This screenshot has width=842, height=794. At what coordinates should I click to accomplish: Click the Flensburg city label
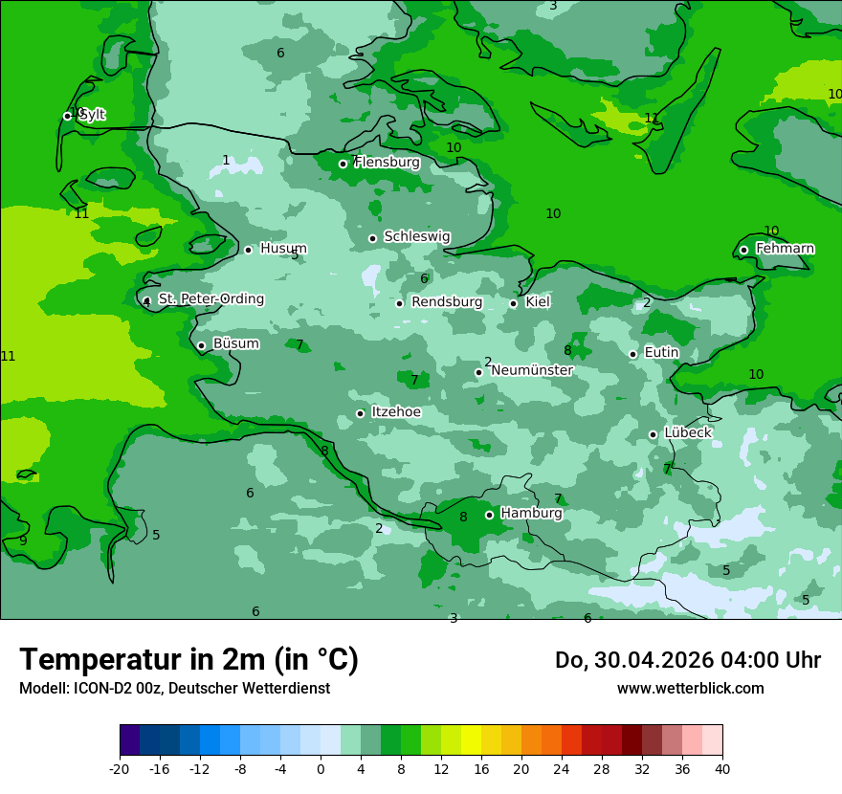387,163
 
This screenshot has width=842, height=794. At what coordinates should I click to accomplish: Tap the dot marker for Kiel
514,303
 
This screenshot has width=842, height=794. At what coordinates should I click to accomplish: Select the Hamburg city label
531,514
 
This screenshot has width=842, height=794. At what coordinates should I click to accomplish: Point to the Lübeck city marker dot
654,434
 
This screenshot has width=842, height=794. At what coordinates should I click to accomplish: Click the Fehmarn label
785,249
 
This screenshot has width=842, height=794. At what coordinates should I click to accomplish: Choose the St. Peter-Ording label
210,299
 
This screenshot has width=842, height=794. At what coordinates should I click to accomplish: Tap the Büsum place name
235,343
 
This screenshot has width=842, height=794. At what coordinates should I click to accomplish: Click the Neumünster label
532,370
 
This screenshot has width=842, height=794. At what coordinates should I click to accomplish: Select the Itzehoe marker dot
361,413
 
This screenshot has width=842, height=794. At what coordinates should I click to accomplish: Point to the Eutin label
661,353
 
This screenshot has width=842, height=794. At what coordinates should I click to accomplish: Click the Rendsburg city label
447,302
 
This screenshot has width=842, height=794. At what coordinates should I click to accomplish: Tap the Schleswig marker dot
373,238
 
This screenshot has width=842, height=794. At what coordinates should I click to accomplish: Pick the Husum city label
283,249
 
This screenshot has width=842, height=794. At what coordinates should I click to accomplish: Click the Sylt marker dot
68,116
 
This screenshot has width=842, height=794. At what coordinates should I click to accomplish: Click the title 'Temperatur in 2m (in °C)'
188,660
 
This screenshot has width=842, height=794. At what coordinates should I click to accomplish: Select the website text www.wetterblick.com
690,689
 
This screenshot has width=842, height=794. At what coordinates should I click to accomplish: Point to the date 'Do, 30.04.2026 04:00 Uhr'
687,660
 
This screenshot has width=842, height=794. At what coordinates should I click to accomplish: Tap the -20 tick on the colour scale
120,769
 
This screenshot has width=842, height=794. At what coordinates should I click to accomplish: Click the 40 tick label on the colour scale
722,769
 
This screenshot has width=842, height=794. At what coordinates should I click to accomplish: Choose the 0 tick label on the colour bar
321,769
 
